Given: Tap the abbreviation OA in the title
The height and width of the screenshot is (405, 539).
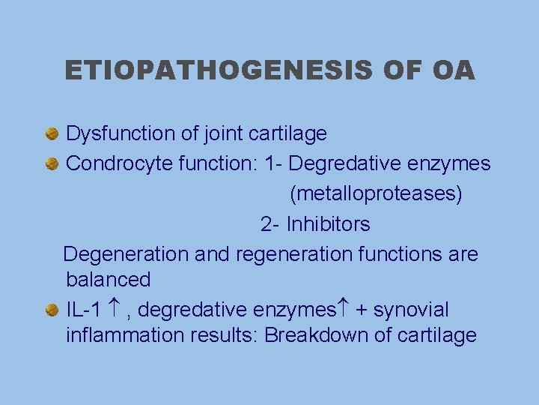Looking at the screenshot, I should pyautogui.click(x=453, y=70).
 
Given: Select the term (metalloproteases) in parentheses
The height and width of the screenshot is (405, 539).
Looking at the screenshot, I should pyautogui.click(x=376, y=194).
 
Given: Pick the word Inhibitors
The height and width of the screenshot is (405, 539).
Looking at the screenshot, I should pyautogui.click(x=328, y=224).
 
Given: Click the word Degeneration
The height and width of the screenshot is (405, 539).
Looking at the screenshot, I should pyautogui.click(x=127, y=254).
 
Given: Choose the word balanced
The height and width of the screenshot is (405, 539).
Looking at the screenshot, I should pyautogui.click(x=109, y=280).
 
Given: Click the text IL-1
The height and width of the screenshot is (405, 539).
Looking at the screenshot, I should pyautogui.click(x=84, y=309).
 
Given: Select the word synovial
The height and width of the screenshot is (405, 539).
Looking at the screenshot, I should pyautogui.click(x=410, y=309).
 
